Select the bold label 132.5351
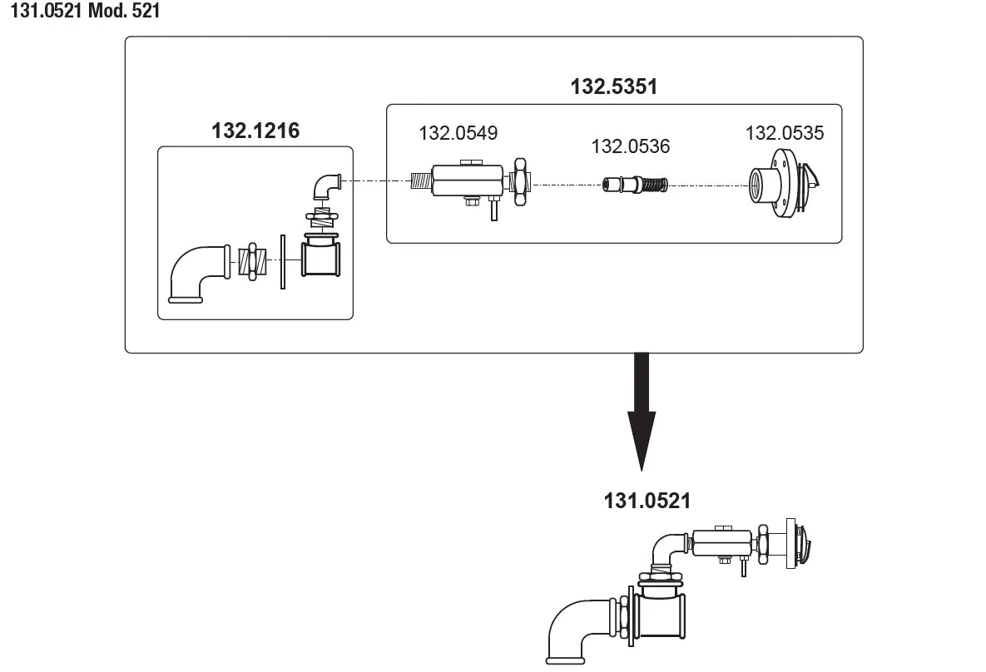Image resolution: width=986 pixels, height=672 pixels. point(613,86)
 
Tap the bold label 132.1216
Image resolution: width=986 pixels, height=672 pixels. point(255,130)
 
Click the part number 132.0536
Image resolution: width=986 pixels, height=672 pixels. point(630,146)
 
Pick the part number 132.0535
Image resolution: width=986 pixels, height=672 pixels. point(784,133)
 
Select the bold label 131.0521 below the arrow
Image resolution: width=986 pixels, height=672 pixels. point(647,501)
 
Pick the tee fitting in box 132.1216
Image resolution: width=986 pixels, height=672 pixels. point(321,259)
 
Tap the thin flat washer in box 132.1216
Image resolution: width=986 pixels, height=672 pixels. point(283,263)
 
